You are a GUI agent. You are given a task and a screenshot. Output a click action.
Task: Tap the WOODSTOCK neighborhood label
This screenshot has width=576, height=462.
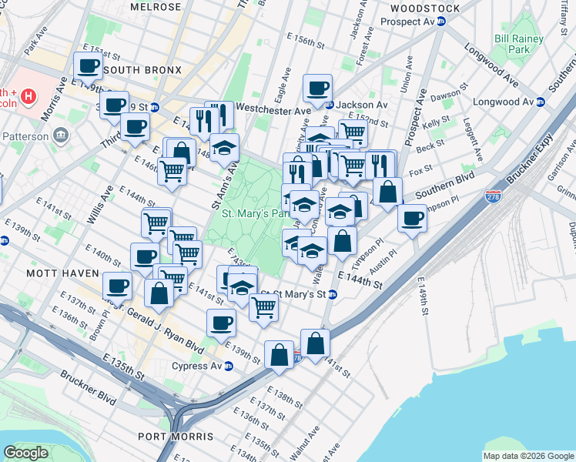coord(425,8)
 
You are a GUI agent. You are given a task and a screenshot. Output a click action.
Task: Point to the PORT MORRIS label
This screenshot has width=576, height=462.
coord(176,437)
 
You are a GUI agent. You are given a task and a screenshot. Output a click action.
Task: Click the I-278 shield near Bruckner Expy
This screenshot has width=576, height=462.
coord(493,197)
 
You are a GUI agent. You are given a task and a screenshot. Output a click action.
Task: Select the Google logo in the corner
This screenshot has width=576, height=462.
coord(26,453)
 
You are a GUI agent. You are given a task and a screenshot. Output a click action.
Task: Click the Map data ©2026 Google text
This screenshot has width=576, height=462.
coord(527,456)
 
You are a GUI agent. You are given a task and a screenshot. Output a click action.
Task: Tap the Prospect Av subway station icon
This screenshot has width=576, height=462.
coord(441,22)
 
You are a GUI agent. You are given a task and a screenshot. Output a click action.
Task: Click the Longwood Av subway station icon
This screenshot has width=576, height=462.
coord(541,102)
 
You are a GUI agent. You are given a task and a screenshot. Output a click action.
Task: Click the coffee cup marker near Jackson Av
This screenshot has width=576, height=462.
coord(317,89)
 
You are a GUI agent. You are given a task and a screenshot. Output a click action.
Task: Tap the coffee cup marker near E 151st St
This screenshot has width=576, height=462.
coord(88,65)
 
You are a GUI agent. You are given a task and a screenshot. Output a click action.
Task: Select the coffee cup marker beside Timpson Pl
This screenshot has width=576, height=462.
coord(412,219)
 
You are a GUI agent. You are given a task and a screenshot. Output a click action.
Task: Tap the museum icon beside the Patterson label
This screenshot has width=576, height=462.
coord(60,136)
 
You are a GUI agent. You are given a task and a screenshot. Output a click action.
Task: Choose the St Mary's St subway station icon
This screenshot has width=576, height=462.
coord(332,294)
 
